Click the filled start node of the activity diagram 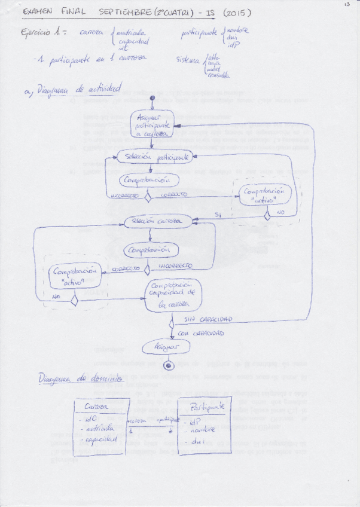pyautogui.click(x=153, y=97)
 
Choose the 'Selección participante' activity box pyautogui.click(x=154, y=157)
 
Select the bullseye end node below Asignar pyautogui.click(x=169, y=365)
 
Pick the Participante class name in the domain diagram pyautogui.click(x=206, y=406)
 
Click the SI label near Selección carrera pyautogui.click(x=219, y=215)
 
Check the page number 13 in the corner pyautogui.click(x=346, y=5)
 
